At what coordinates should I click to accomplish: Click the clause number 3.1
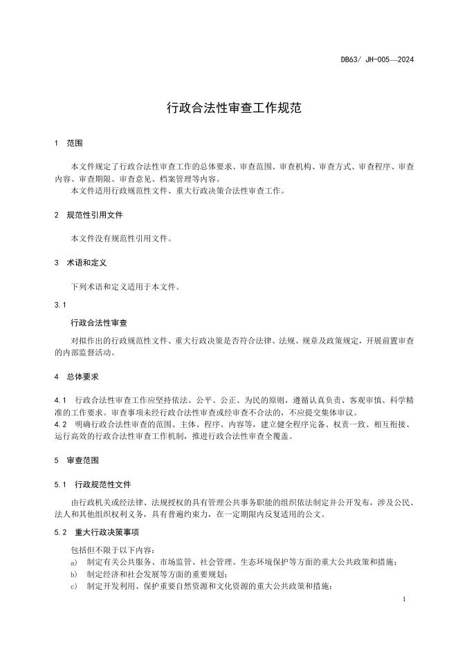(59, 304)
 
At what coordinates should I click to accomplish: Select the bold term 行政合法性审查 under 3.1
(99, 322)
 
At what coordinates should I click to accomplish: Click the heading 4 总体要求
(76, 377)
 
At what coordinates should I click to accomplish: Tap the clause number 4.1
(59, 400)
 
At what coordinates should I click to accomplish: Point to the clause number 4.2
(59, 424)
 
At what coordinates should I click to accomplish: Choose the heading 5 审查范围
(76, 460)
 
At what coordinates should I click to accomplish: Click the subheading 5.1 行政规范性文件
(92, 484)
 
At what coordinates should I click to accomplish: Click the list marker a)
(74, 562)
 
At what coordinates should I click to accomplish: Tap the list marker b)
(74, 574)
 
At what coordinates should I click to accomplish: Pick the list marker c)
(74, 586)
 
